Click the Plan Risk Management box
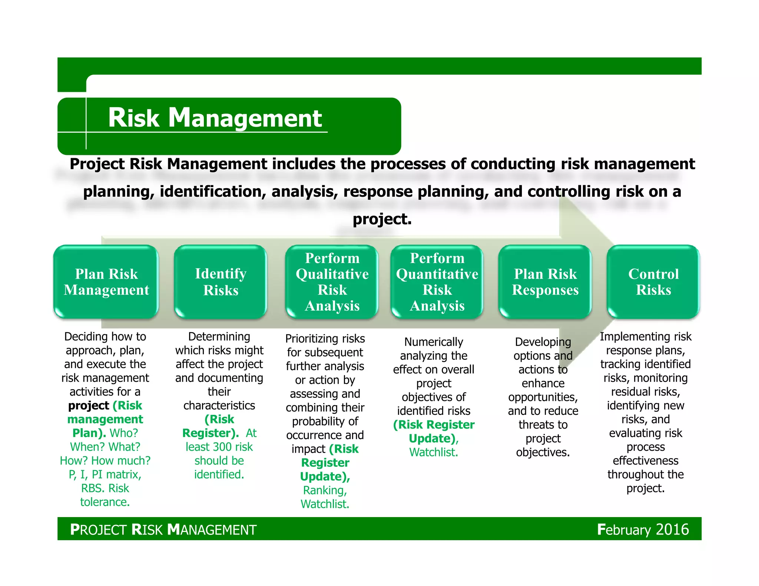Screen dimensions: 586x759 [106, 282]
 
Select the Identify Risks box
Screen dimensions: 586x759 [221, 282]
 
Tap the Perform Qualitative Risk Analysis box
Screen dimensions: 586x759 [332, 282]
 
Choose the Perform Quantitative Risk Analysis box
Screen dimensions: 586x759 [437, 282]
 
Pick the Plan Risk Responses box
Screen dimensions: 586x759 [545, 282]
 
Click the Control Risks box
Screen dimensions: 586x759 [653, 282]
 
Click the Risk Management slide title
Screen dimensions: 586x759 [215, 118]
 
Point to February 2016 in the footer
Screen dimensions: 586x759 [643, 529]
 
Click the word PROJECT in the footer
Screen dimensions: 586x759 [99, 530]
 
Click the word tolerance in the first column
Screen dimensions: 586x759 [105, 502]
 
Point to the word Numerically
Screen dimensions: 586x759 [434, 342]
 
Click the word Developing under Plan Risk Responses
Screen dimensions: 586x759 [543, 342]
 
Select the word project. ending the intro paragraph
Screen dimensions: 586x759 [382, 219]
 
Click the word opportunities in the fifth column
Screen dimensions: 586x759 [543, 397]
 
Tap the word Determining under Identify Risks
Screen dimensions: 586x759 [219, 336]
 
